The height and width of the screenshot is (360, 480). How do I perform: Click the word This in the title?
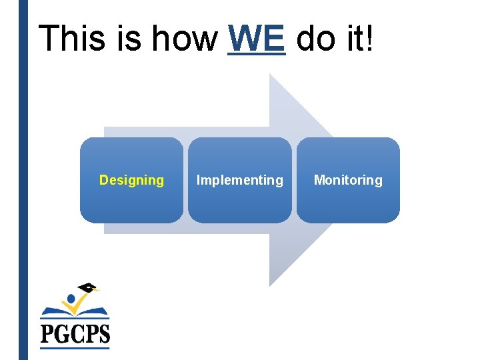[72, 38]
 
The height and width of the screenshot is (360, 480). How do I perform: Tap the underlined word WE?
[257, 38]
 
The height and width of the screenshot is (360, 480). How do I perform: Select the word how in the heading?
[185, 38]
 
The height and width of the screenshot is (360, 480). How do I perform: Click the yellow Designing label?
[131, 180]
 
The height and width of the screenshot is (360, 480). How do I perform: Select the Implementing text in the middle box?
[239, 180]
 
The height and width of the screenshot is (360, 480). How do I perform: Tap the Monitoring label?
[348, 180]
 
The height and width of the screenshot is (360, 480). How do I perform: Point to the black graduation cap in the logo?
[87, 288]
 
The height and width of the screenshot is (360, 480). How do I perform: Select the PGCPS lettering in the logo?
[75, 332]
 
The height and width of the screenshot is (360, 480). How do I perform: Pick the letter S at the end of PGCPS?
[103, 332]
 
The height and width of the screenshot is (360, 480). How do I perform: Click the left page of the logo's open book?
[56, 311]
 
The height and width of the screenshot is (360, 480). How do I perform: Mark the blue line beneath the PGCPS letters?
[75, 347]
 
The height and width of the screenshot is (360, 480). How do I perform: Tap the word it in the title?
[353, 38]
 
